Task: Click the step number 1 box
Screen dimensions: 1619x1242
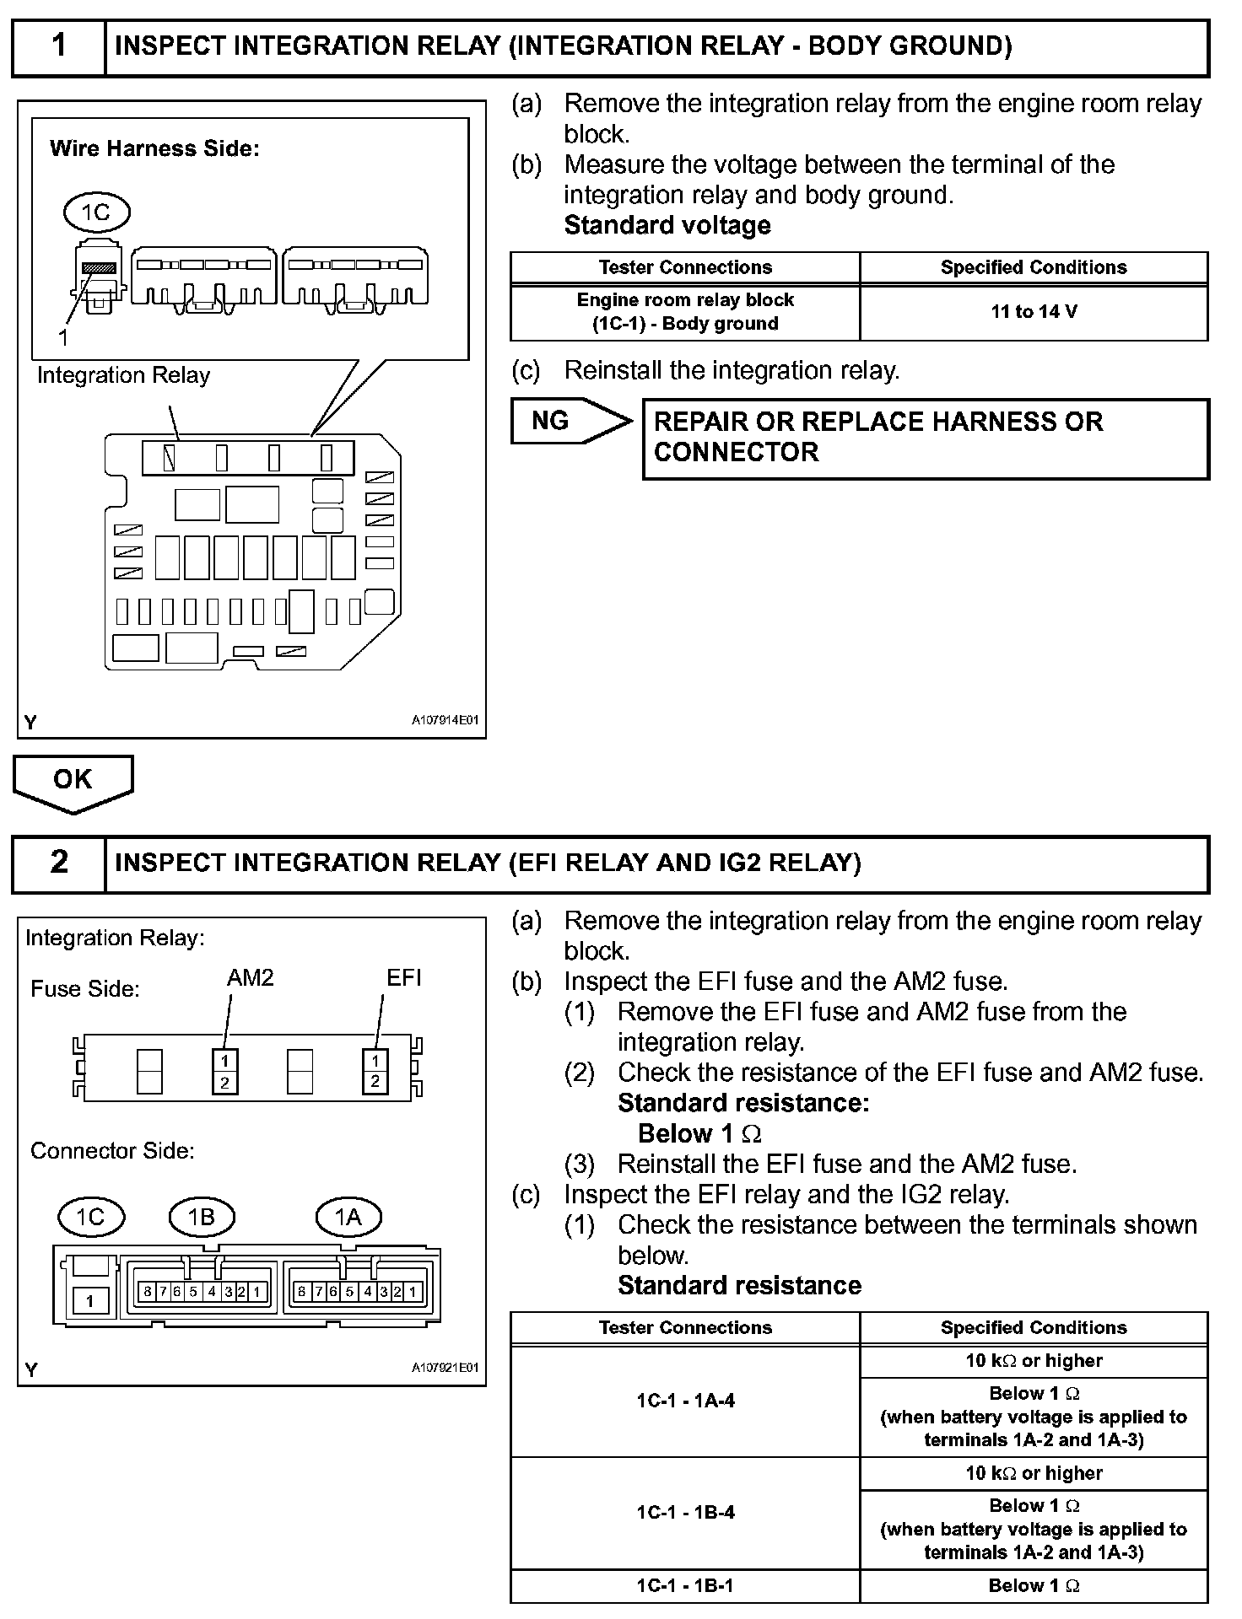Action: [x=58, y=46]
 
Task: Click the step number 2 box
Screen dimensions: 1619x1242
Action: [x=58, y=863]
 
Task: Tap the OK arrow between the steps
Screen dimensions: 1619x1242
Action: [x=73, y=781]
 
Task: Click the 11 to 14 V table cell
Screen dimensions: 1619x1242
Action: [x=1034, y=312]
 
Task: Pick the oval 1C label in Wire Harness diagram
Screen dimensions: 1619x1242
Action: [x=96, y=212]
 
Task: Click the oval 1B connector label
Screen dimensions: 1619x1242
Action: [x=201, y=1217]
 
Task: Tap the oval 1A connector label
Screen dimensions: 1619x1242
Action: [x=348, y=1217]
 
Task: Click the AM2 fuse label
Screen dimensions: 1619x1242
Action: [x=251, y=977]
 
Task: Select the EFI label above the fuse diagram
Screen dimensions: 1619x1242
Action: [x=403, y=977]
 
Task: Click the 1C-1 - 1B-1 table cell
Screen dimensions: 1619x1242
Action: [x=685, y=1585]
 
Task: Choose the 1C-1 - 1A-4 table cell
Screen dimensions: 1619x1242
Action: [x=685, y=1401]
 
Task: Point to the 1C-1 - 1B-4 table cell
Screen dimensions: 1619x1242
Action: [x=685, y=1512]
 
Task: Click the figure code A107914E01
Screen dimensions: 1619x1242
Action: [x=445, y=720]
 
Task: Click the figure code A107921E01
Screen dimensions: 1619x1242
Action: [x=445, y=1368]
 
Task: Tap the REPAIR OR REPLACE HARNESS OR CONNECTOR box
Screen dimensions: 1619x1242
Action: [x=926, y=438]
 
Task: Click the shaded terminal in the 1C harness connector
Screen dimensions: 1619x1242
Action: [x=98, y=267]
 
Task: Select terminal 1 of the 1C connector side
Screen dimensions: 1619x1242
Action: [x=90, y=1300]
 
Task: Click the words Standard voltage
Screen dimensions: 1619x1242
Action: [x=667, y=225]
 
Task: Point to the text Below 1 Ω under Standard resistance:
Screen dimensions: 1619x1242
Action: [x=699, y=1133]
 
